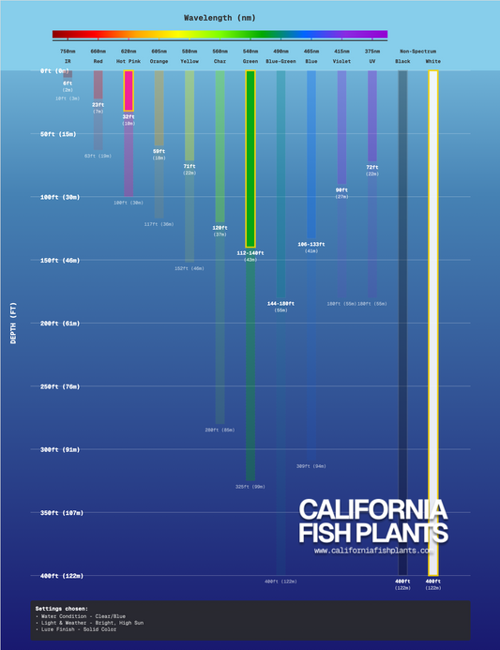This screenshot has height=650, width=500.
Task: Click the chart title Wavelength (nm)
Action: coord(219,18)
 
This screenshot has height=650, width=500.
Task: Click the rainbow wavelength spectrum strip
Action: coord(219,35)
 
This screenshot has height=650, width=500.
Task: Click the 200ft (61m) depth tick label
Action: coord(59,324)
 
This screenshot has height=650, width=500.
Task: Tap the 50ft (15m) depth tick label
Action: coord(58,134)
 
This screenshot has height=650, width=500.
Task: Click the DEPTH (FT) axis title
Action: coord(13,323)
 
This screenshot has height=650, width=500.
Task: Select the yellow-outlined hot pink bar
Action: coord(129,91)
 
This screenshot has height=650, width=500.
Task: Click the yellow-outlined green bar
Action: coord(250,159)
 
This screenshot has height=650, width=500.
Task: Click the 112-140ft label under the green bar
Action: coord(250,253)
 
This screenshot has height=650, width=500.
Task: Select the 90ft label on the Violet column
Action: coord(341,190)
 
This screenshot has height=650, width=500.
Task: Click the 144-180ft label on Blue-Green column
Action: coord(280,304)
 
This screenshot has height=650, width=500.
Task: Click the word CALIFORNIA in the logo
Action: coord(372,510)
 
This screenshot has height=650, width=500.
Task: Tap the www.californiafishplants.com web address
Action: coord(373,551)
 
